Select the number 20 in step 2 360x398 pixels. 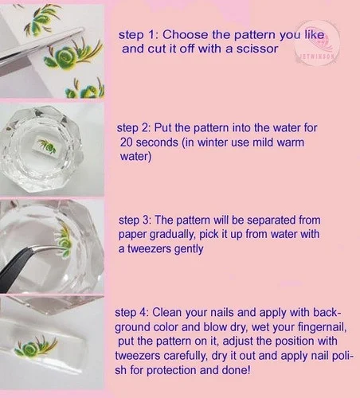[127, 142]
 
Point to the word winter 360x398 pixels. [213, 142]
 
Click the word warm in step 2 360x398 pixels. [291, 142]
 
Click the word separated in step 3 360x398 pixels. [272, 220]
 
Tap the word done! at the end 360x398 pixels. [237, 370]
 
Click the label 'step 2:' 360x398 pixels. [134, 128]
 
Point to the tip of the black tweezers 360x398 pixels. [65, 248]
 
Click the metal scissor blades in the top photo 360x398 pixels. [40, 50]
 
